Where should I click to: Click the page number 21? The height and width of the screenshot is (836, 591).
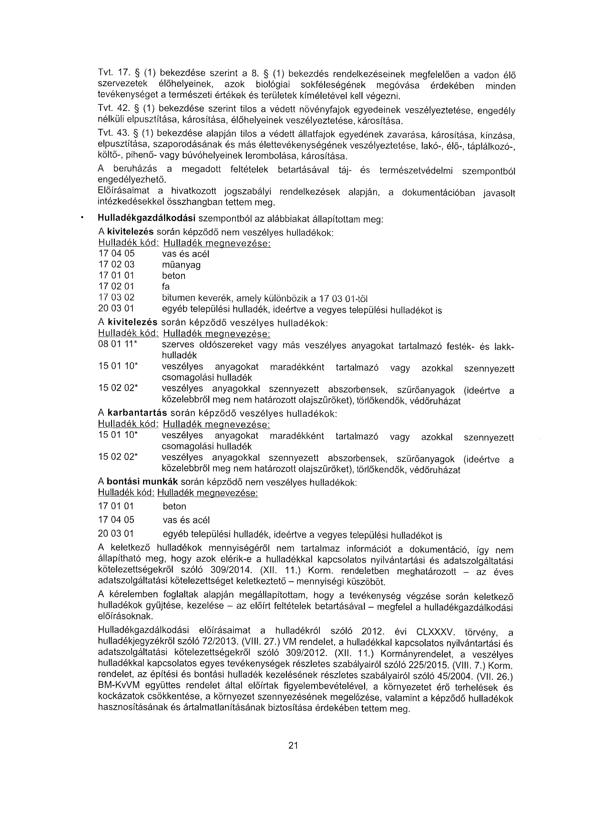click(x=293, y=746)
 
